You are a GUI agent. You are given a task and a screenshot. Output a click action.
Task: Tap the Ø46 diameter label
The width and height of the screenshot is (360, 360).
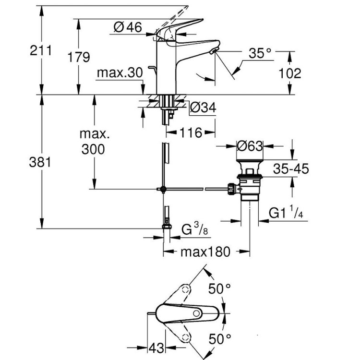(128, 28)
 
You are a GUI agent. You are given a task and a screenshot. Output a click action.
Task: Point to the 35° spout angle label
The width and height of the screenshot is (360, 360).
(260, 53)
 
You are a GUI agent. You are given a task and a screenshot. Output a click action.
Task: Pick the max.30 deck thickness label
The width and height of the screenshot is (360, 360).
(120, 72)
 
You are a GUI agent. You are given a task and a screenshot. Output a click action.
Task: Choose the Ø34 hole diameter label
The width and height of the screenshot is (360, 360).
(203, 109)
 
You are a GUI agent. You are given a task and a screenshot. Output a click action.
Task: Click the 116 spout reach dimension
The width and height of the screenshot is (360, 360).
(191, 132)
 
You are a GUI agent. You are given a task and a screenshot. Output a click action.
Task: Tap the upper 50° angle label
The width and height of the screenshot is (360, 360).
(220, 289)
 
